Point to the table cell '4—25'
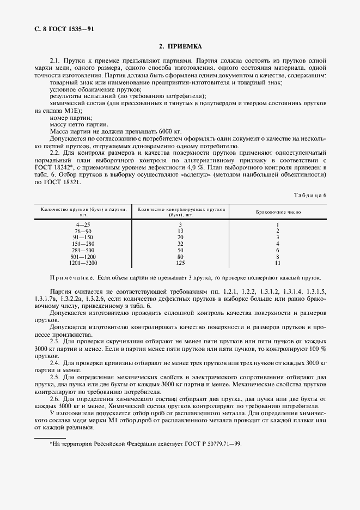[84, 224]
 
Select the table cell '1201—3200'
[84, 262]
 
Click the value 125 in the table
[180, 262]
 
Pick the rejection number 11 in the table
[277, 262]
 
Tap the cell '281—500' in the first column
[84, 250]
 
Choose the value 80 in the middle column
[180, 256]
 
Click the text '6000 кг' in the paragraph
[158, 131]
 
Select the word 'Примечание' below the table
[72, 277]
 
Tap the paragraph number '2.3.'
[56, 341]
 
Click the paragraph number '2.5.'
[56, 377]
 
